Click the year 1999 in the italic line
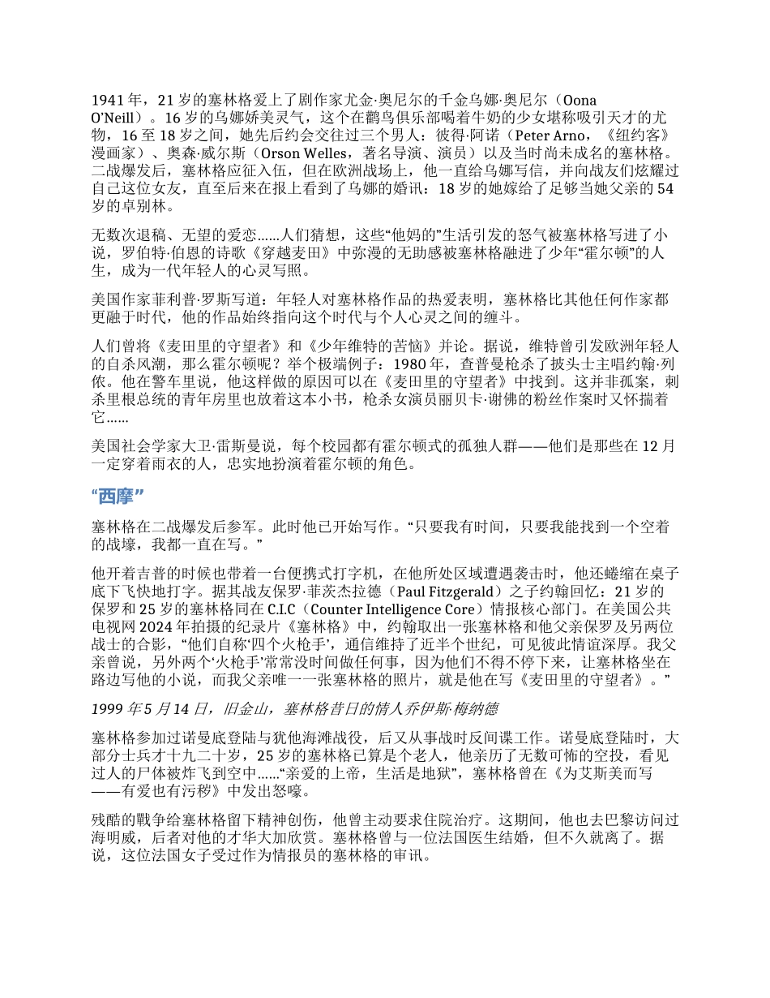109,709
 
